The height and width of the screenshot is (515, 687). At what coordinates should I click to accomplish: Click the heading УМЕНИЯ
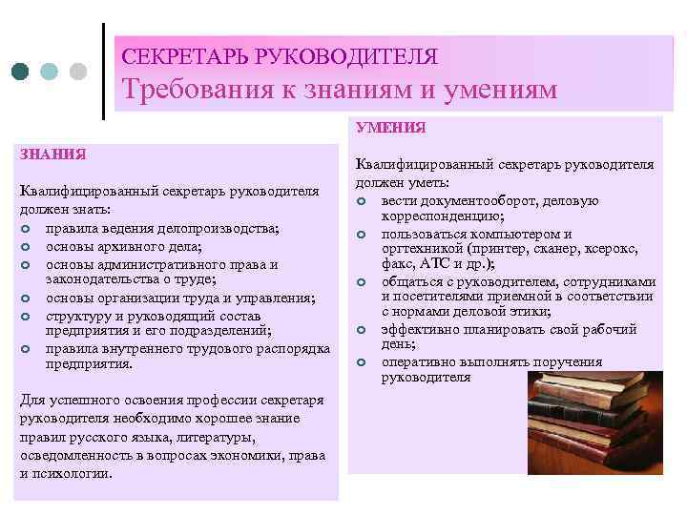(391, 127)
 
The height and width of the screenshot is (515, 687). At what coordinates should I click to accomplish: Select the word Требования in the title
(198, 89)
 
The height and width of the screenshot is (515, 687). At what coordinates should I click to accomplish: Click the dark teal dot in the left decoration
(21, 72)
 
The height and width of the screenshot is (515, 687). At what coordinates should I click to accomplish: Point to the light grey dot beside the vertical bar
(79, 72)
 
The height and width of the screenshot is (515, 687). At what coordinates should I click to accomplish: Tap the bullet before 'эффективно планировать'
(363, 330)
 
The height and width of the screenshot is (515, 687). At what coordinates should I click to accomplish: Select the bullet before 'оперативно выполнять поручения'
(363, 362)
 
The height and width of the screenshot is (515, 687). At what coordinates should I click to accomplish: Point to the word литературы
(218, 437)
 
